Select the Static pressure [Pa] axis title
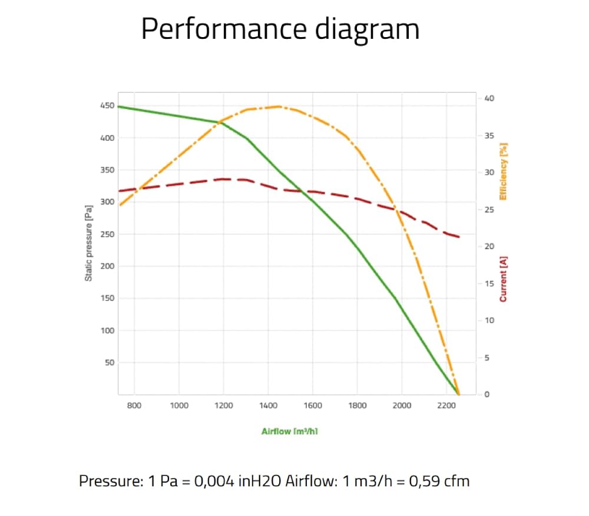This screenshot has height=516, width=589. [x=88, y=243]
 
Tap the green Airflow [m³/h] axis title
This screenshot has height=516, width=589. [x=290, y=431]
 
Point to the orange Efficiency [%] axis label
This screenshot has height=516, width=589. [x=504, y=171]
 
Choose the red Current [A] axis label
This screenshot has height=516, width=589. [x=504, y=279]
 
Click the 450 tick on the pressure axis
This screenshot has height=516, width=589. [x=107, y=105]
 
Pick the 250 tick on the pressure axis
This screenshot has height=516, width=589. [x=107, y=234]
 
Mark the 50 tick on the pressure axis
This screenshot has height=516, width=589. [x=110, y=363]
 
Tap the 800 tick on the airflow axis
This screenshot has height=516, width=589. [x=134, y=406]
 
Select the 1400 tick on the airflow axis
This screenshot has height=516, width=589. [x=268, y=406]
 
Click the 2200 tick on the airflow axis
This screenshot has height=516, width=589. [x=446, y=406]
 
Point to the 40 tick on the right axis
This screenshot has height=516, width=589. [x=489, y=98]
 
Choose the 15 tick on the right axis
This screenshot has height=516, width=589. [x=489, y=283]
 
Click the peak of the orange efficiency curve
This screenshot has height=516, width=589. [x=279, y=107]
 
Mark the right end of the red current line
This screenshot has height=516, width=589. [x=459, y=237]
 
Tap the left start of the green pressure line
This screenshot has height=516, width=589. [x=119, y=107]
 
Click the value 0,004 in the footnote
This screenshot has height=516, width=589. [x=214, y=481]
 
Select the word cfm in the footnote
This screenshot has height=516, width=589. [x=456, y=482]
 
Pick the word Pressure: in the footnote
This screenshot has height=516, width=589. [x=111, y=481]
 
